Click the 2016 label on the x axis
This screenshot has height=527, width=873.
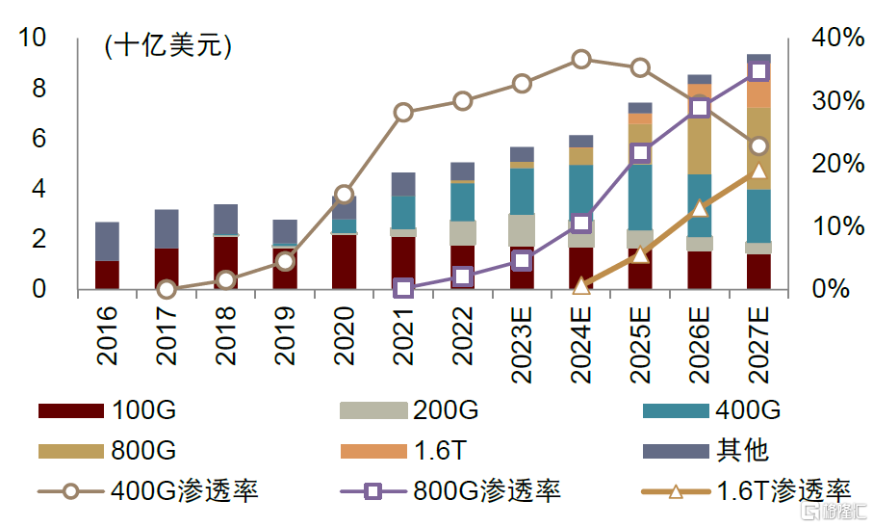pos(107,335)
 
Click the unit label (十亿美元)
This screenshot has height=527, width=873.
pos(168,47)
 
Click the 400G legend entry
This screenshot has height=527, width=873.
pos(748,411)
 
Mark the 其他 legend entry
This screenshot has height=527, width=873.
pos(741,451)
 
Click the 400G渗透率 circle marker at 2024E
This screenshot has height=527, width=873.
pos(580,60)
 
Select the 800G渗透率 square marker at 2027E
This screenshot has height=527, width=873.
pos(758,71)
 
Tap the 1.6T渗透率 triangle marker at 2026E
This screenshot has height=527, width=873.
pos(700,208)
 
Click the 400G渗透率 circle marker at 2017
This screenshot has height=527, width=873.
pos(167,289)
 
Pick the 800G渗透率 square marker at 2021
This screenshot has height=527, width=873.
pos(403,288)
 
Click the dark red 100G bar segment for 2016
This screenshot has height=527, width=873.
pos(107,275)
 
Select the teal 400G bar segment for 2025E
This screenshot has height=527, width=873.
pos(640,198)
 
